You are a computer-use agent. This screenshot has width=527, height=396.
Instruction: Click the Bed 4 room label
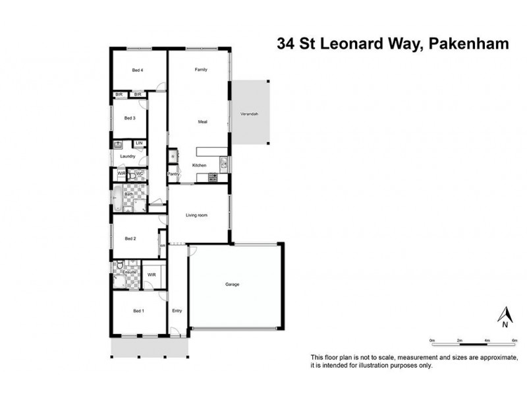(x=137, y=70)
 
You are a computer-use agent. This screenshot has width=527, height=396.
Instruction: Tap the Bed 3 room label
(x=130, y=118)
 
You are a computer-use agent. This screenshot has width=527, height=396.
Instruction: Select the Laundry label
(x=128, y=156)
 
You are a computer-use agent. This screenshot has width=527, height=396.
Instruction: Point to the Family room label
(x=200, y=70)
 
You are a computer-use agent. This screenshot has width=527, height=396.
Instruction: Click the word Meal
(x=203, y=122)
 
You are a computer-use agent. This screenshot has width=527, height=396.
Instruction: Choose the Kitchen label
(x=199, y=165)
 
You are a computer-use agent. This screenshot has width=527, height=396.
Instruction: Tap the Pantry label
(x=173, y=174)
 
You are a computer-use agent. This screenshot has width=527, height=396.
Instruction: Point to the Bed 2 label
(x=130, y=238)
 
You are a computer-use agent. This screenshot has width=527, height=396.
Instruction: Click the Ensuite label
(x=129, y=272)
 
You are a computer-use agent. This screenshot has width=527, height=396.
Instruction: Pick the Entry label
(x=177, y=311)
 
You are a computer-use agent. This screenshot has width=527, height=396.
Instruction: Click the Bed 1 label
(x=138, y=311)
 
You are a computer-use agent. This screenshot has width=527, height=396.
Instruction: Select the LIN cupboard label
(x=139, y=143)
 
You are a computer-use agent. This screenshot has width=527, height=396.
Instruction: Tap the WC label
(x=139, y=174)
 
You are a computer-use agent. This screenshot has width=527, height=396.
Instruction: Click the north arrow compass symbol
(x=504, y=316)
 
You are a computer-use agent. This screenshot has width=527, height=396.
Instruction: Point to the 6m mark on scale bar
(x=513, y=341)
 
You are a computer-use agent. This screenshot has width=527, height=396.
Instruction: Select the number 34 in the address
(x=285, y=44)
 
